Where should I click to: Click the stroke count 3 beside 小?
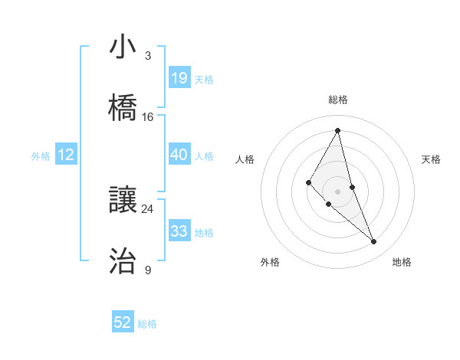pos(148,55)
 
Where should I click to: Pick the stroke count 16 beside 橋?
pos(148,117)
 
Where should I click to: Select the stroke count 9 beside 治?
pos(148,270)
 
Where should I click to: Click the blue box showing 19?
pos(179,77)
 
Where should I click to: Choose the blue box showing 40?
pos(179,155)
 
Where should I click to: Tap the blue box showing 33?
pos(179,231)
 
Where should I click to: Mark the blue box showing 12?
pos(66,155)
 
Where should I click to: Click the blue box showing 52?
pos(123,322)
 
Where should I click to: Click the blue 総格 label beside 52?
pos(148,324)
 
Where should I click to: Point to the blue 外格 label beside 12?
pos(41,156)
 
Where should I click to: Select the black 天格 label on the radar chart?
pos(431,159)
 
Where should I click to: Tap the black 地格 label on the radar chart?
pos(402,262)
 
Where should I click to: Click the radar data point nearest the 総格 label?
pos(338,130)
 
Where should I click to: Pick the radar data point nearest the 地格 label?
pos(374,242)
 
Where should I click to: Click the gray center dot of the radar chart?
pos(338,191)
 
